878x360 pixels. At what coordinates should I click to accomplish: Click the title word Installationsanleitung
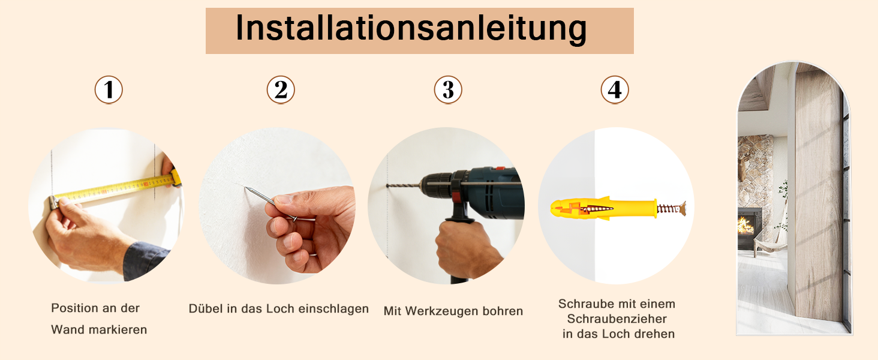411,29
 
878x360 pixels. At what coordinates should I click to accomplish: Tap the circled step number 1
109,90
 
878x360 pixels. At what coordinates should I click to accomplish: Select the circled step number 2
281,90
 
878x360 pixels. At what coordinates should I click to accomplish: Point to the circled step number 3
448,90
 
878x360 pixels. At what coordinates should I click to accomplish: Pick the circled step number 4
615,90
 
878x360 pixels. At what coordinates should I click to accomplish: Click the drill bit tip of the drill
388,185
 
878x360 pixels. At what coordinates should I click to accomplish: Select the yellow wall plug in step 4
603,208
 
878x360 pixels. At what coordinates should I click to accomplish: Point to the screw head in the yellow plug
683,208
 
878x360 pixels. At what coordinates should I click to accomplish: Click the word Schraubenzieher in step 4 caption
617,319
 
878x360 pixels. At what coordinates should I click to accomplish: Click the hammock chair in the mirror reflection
770,239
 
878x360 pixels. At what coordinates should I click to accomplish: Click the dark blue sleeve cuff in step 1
145,260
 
